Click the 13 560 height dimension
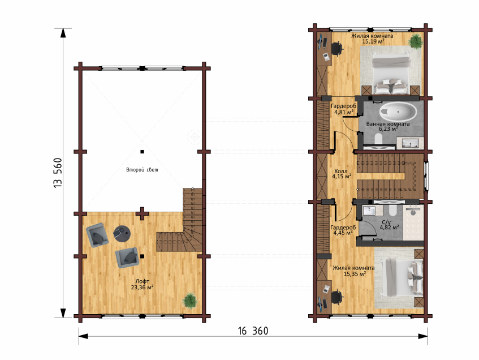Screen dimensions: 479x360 [58, 173]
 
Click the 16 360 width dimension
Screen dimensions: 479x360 [253, 331]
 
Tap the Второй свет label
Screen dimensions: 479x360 [142, 170]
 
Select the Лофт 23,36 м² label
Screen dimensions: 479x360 [143, 284]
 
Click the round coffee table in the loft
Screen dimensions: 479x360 [122, 234]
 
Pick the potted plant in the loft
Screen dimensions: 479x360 [189, 301]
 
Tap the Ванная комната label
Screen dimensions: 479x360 [388, 124]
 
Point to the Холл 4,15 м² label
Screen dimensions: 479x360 [342, 174]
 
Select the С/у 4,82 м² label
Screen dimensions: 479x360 [389, 225]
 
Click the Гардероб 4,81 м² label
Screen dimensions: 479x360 [344, 109]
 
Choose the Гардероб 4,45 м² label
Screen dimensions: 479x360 [343, 230]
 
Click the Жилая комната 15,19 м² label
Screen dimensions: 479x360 [372, 38]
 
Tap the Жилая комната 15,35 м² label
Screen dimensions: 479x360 [354, 271]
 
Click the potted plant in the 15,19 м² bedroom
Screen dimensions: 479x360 [416, 41]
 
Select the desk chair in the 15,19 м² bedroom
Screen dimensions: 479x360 [336, 49]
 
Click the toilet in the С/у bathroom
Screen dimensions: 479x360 [392, 211]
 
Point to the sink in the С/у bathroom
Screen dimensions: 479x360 [369, 211]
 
